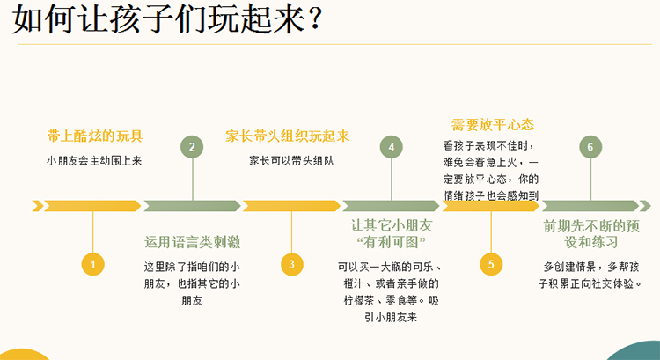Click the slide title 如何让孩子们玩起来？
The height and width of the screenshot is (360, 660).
pos(167,18)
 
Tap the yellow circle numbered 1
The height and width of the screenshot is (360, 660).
pos(92,264)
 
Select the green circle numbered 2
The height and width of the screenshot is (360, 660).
pos(192,147)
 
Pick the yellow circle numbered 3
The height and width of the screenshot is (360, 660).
pos(291,264)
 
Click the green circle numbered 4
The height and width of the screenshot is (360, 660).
pos(391,147)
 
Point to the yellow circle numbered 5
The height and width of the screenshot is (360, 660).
pos(491,264)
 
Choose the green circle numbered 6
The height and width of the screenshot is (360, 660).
pos(590,147)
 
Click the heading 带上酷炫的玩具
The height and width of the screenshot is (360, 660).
pos(95,136)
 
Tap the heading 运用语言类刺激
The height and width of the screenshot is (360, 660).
pos(193,242)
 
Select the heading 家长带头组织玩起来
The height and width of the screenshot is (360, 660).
pos(288,136)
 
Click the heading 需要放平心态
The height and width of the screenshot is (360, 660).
pos(493,125)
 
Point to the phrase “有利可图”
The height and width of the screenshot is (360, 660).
pos(391,243)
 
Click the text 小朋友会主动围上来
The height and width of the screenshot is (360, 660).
pos(94,161)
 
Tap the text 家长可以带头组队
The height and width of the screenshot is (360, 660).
pos(291,161)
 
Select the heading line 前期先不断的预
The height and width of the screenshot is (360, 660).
pos(591,226)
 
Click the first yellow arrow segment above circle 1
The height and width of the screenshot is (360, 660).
pos(92,206)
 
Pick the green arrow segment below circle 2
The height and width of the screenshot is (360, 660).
pos(192,206)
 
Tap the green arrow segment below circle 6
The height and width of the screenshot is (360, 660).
pos(590,206)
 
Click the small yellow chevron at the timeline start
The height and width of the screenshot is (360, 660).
pos(38,206)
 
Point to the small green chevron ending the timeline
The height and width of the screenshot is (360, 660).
pos(645,206)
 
